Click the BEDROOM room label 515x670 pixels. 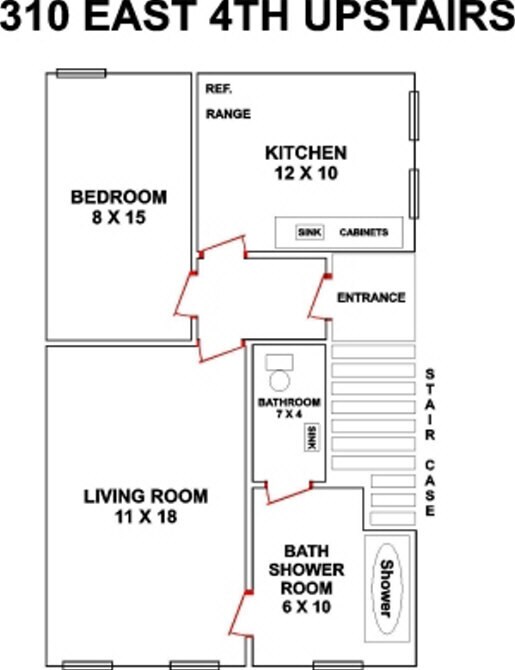coord(118,197)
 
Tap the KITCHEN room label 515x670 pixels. coord(306,153)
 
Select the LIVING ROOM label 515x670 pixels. coord(146,497)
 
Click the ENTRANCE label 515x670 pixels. coord(371,297)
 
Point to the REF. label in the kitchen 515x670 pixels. coord(218,89)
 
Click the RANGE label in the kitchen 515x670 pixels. coord(228,114)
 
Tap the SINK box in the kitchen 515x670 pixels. coord(309,232)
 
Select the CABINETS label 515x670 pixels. coord(364,232)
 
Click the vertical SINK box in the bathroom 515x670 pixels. coord(312,438)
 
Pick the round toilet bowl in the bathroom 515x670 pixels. coord(280,380)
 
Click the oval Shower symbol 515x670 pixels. coord(386,588)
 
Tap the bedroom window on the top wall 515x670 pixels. coord(81,73)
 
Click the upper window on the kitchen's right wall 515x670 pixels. coord(414,115)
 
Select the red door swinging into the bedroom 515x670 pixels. coord(185,294)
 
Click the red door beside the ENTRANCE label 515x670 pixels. coord(319,297)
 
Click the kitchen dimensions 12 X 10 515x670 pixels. coord(306,173)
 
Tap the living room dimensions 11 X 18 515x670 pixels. coord(146,517)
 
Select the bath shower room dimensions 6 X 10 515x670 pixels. coord(306,607)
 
